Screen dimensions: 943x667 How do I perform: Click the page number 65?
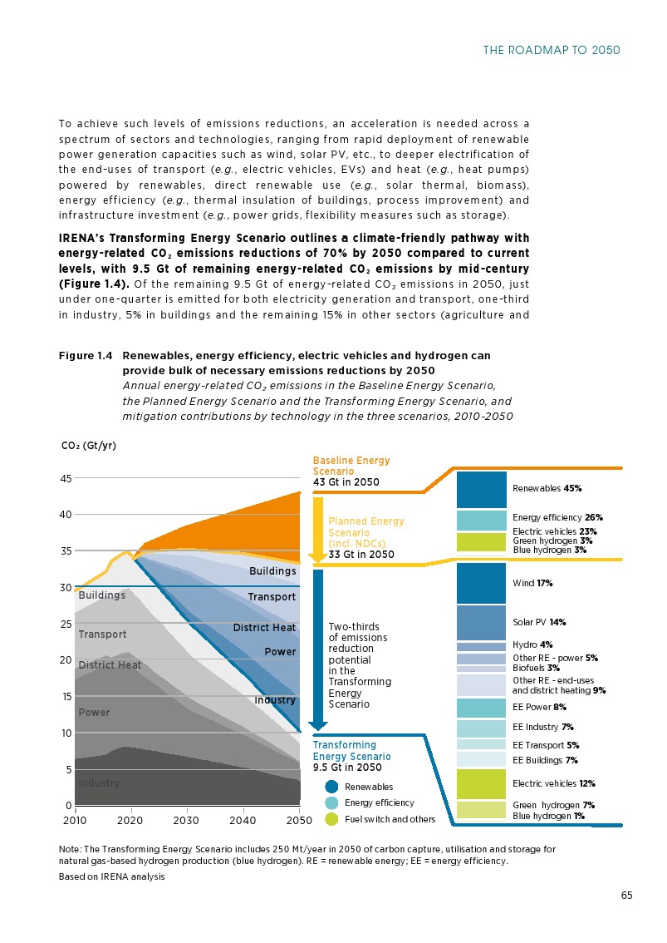point(626,896)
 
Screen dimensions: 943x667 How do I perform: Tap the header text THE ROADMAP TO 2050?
point(552,51)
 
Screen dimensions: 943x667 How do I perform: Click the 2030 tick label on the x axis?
point(187,821)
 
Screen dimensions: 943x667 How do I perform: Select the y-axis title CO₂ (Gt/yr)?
point(89,446)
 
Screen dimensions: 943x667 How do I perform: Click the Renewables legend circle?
point(331,787)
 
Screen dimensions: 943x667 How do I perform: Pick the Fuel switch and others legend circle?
point(331,819)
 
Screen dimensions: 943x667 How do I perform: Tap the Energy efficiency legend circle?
point(331,802)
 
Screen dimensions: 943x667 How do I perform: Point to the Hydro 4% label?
point(532,644)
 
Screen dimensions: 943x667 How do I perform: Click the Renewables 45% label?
point(547,488)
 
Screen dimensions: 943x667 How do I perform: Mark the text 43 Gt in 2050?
point(346,482)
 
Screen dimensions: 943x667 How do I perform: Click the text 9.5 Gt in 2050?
point(347,768)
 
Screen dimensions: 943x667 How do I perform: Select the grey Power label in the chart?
point(94,713)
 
